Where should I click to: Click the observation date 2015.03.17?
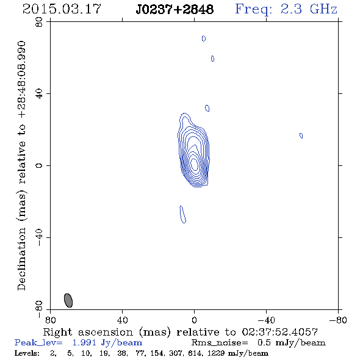(62, 9)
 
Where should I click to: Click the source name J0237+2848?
(175, 9)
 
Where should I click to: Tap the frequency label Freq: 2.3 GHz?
(286, 9)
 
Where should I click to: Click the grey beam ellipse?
(68, 300)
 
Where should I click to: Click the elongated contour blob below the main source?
(183, 214)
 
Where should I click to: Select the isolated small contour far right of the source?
(301, 135)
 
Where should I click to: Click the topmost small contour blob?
(204, 38)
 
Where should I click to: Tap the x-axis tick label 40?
(122, 320)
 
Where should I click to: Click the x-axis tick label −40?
(266, 320)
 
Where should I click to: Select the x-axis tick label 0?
(194, 320)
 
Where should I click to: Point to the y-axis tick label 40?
(39, 94)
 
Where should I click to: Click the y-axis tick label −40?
(39, 237)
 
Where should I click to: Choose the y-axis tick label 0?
(39, 165)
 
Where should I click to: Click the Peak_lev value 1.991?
(84, 342)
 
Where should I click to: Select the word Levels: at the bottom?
(27, 353)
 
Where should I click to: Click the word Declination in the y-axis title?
(21, 259)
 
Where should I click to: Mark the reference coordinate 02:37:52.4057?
(280, 332)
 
